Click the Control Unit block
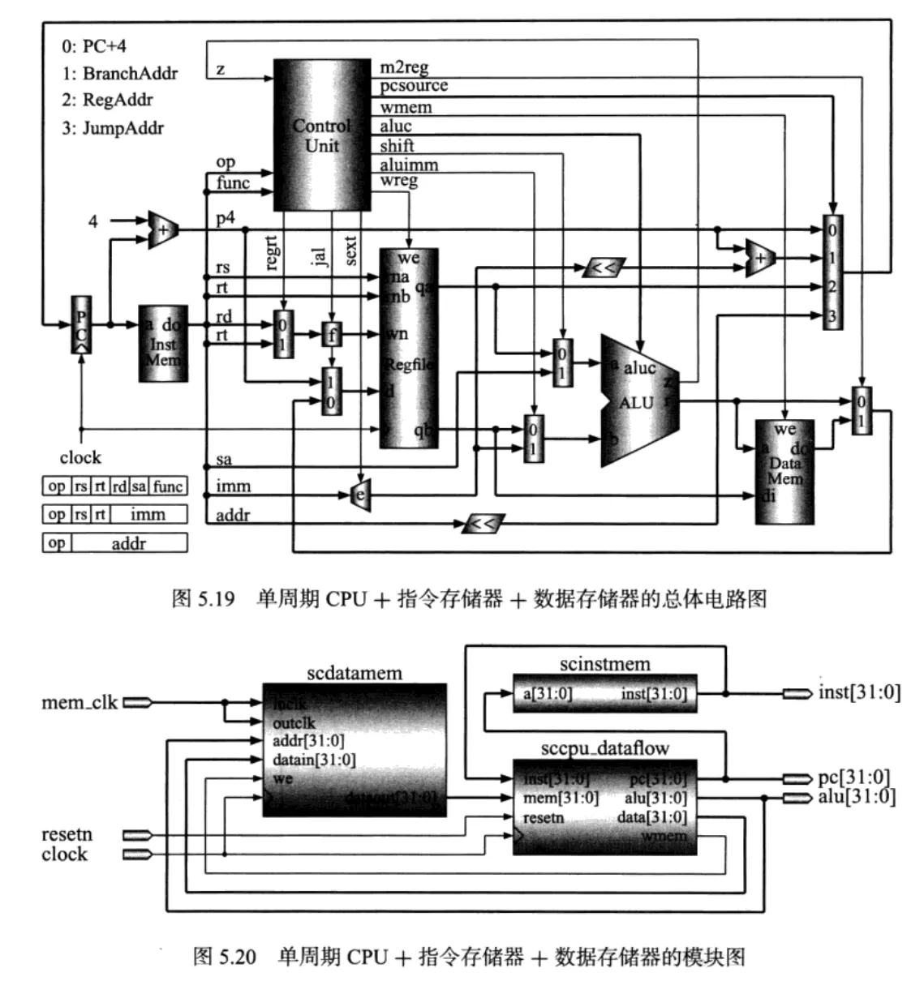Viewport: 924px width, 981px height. pos(321,135)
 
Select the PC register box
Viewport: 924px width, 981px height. pos(81,324)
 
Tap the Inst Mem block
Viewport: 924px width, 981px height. pos(163,344)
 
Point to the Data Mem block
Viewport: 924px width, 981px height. pos(784,471)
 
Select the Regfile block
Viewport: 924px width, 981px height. pos(408,349)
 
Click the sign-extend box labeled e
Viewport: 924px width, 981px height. pos(360,495)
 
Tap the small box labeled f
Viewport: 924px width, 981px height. pos(331,334)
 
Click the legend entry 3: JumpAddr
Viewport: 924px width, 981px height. pos(113,128)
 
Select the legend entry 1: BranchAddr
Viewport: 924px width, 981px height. pos(119,73)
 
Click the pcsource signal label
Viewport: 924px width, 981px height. pos(414,86)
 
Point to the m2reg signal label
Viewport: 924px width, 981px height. pos(404,67)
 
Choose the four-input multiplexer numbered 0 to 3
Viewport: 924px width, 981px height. pos(832,272)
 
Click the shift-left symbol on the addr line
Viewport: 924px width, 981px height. pos(483,524)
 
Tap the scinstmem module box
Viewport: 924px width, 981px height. pos(604,694)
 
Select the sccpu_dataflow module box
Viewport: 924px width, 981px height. pos(604,808)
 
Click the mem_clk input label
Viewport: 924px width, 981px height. pos(80,702)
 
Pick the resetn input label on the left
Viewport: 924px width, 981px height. pos(67,834)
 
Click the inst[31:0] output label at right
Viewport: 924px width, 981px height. pos(859,693)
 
